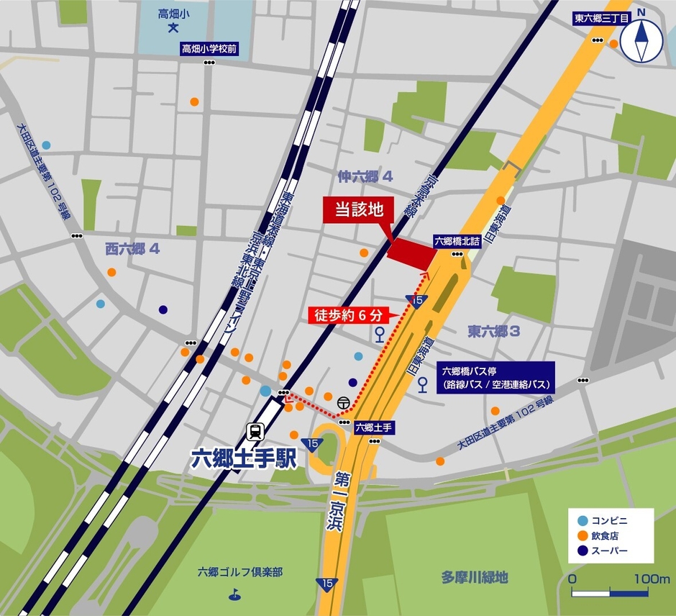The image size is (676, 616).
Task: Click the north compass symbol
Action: tap(641, 41)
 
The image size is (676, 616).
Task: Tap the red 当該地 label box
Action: tap(358, 211)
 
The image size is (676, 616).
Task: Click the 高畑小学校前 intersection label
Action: tap(209, 49)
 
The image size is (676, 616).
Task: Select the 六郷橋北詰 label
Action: tap(457, 242)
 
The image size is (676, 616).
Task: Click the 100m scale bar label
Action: tap(652, 579)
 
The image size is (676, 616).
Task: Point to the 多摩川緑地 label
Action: tap(475, 577)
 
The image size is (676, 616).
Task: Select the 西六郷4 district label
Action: tap(132, 249)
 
